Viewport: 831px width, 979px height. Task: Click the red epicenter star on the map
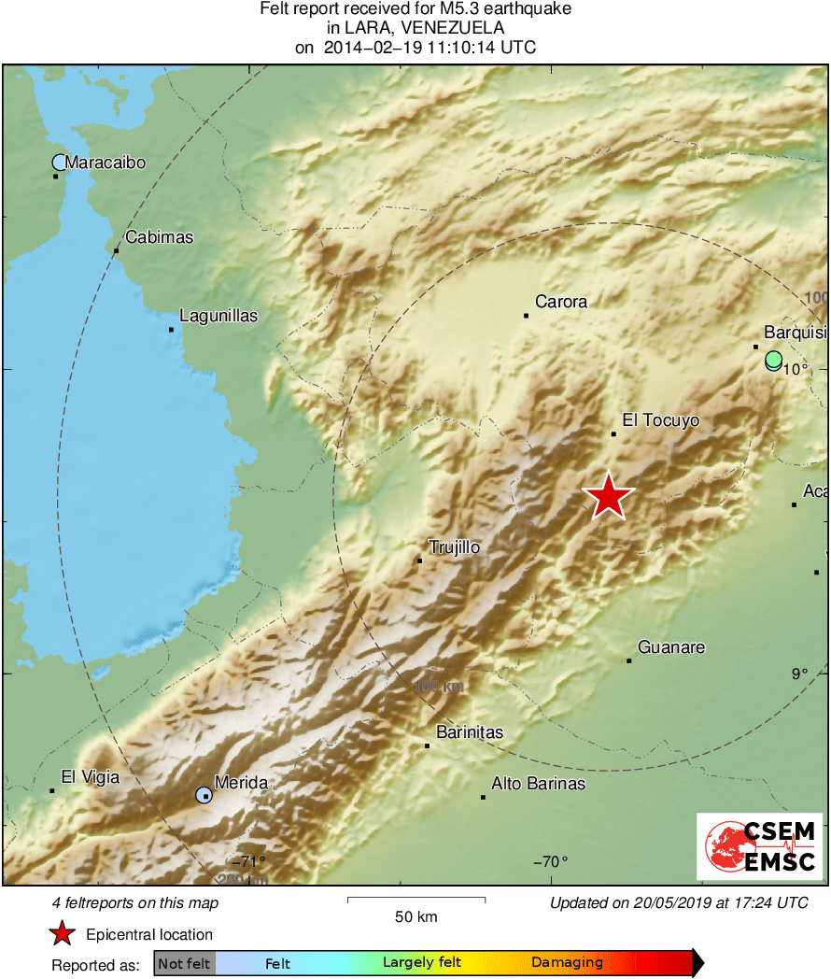609,496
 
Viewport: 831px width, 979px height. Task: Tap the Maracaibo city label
106,163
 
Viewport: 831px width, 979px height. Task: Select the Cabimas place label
159,237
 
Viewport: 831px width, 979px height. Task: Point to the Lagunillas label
218,316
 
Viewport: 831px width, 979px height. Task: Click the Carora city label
561,302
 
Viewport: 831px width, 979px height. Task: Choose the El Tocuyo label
660,420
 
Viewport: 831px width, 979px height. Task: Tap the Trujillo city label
454,547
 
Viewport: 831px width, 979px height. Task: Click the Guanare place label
671,647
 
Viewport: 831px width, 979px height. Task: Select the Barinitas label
470,732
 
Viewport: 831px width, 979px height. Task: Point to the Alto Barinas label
539,784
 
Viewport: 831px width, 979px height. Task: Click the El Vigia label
90,776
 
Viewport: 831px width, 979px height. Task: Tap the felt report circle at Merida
204,796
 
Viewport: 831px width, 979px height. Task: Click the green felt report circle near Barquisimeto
773,359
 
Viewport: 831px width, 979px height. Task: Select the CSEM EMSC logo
760,846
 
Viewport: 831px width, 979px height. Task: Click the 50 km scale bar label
416,916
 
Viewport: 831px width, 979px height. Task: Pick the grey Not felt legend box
185,963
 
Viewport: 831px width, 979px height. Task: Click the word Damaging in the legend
567,963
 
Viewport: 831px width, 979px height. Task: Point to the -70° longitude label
549,861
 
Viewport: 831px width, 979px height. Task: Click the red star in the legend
63,934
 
